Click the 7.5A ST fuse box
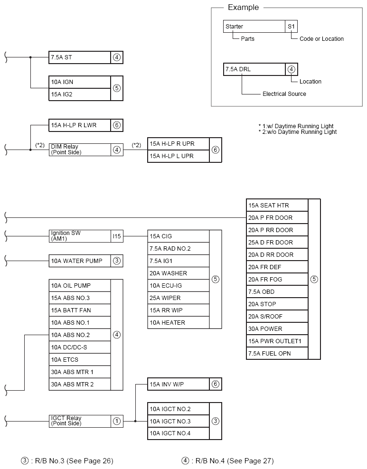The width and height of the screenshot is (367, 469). tap(79, 57)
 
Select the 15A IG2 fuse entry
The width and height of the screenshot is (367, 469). tap(79, 94)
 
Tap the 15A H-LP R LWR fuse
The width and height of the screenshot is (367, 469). tap(79, 125)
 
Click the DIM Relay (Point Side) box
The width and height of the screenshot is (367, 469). tap(79, 150)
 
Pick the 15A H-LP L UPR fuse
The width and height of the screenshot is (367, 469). tap(178, 156)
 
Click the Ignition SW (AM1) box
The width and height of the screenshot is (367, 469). tap(79, 236)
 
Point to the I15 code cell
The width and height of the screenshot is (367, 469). tap(117, 236)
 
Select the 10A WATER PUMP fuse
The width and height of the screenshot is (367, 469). tap(79, 261)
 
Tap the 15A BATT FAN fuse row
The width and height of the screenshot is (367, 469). tap(79, 310)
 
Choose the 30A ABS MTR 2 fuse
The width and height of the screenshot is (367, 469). tap(79, 384)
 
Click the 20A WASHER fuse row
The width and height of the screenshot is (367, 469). tap(178, 273)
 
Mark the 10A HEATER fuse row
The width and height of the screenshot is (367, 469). tap(178, 322)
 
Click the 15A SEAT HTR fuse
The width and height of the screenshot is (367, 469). tap(277, 205)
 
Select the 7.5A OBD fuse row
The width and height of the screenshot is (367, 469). tap(277, 291)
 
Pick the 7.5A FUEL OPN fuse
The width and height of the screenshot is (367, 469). tap(277, 353)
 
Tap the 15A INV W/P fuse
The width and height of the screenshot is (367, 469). tap(178, 384)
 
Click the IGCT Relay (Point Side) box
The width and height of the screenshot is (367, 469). tap(79, 421)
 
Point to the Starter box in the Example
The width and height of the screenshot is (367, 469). tap(254, 27)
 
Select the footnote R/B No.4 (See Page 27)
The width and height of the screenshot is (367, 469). tap(227, 460)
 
